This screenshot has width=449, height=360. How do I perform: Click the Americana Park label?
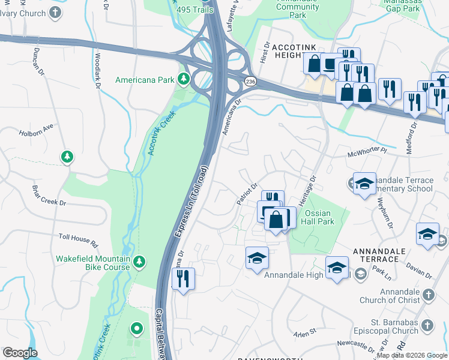[x=144, y=80]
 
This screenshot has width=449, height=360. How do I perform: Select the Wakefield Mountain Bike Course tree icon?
[x=139, y=262]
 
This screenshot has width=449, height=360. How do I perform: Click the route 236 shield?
[x=250, y=81]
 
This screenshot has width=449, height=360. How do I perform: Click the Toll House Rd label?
[x=78, y=241]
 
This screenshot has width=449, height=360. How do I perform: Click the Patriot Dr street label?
[x=247, y=194]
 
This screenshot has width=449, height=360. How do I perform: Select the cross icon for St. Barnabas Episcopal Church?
[x=426, y=325]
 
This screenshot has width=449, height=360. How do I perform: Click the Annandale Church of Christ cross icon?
[x=428, y=295]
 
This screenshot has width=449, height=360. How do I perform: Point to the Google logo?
[x=20, y=353]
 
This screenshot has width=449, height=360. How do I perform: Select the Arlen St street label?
[x=304, y=332]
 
